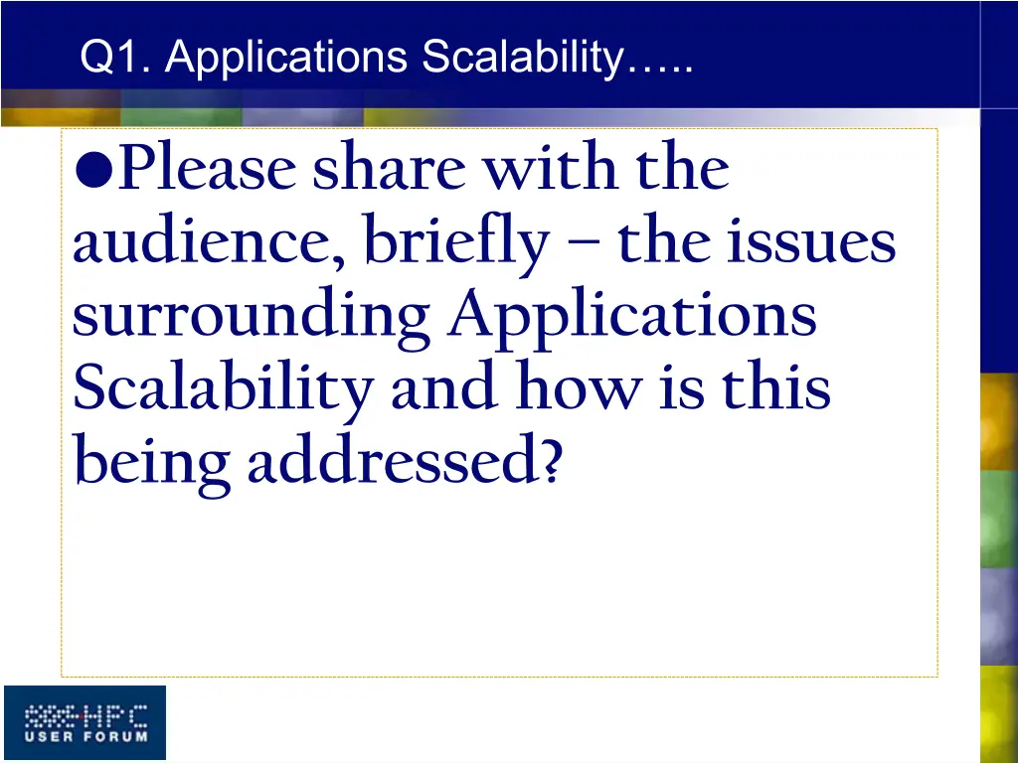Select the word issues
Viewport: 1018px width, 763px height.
click(x=813, y=242)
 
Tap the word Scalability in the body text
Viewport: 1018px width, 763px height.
click(x=221, y=390)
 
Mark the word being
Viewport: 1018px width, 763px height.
click(x=152, y=463)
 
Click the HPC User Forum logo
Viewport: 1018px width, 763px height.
click(x=85, y=723)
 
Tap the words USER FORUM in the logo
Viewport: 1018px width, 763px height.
click(x=85, y=736)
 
